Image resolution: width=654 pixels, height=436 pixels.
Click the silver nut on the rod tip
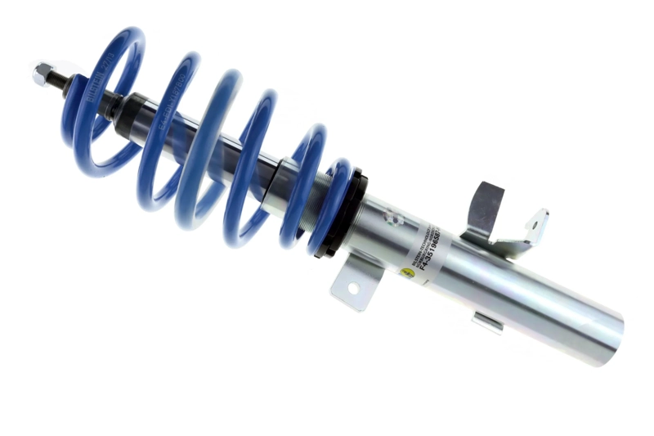point(41,74)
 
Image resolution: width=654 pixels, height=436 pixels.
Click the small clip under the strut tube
point(487,321)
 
